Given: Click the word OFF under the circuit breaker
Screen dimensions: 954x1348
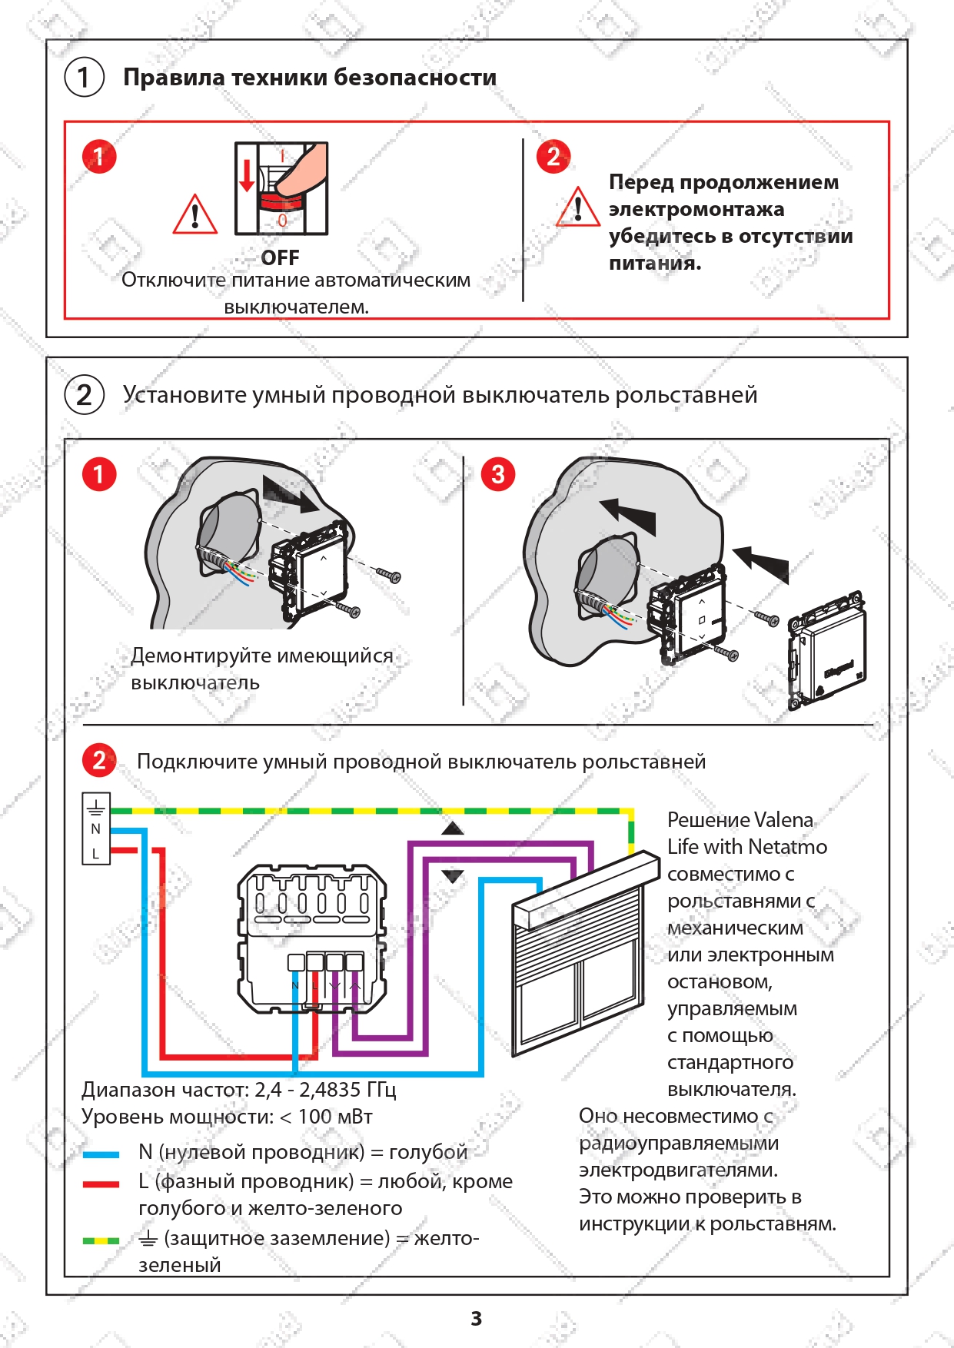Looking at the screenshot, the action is point(280,257).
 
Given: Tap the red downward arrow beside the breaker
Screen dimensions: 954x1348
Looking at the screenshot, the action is point(247,175).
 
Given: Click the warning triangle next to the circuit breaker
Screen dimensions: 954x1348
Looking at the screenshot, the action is point(195,214).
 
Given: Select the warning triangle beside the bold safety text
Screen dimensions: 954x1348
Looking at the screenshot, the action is point(578,207).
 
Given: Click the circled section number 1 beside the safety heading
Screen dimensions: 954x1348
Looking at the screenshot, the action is point(85,78).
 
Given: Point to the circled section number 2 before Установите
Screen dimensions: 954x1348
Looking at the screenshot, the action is point(85,395).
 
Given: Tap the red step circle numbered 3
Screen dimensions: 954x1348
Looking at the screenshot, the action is point(498,474).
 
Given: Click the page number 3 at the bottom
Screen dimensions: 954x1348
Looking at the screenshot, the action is point(477,1319).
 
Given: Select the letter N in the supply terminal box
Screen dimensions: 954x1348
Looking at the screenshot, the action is point(96,829).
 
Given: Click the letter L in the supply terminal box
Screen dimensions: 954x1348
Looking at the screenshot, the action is point(96,854).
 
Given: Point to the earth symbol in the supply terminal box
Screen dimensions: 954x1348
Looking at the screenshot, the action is point(96,808).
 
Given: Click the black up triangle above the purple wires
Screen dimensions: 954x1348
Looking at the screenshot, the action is point(453,828).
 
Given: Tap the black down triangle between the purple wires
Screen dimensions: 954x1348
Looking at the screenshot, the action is point(453,876).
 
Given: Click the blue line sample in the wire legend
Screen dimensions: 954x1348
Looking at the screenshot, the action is point(101,1154).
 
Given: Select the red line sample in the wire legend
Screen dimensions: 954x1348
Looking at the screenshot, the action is point(101,1184).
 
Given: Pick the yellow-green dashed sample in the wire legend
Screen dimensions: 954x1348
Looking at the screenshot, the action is point(101,1240).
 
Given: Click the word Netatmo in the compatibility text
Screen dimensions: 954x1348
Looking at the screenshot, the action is point(787,847).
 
